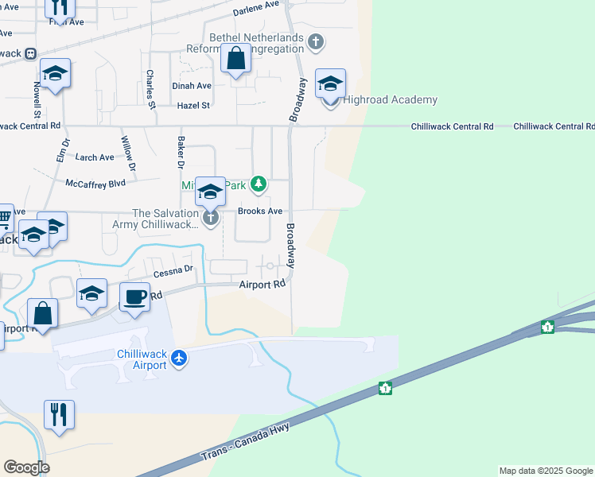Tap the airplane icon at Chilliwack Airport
[179, 359]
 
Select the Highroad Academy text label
[390, 99]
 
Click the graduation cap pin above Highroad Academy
[330, 83]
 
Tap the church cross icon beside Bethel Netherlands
[316, 41]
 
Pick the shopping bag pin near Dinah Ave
[236, 58]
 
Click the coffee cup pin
[134, 296]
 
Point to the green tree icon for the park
[258, 184]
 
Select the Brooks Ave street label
[260, 211]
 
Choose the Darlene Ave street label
[257, 10]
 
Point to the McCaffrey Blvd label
[95, 182]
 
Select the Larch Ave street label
[94, 157]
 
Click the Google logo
[26, 467]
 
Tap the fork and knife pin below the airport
[60, 414]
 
